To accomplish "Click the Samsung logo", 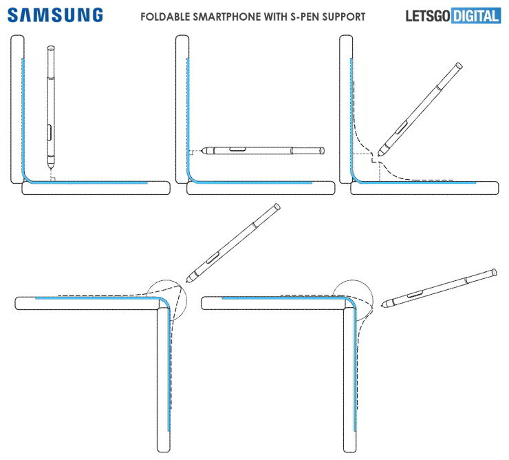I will point(56,14).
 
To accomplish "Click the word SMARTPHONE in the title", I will point(230,16).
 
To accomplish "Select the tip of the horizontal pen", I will point(193,151).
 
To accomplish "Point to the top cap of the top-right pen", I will point(459,65).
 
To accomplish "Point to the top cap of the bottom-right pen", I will point(492,271).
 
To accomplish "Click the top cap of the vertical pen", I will point(51,48).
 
